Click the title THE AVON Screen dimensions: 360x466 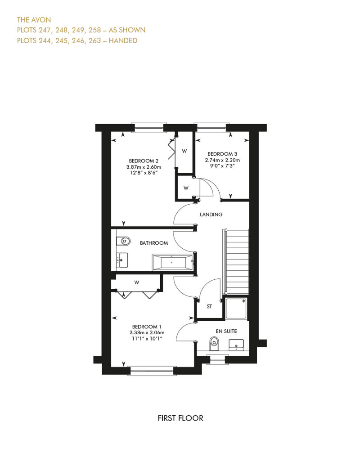coord(34,20)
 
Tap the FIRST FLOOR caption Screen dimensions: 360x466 coord(180,418)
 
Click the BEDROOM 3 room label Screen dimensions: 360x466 coord(222,154)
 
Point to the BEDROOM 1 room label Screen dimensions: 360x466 coord(147,327)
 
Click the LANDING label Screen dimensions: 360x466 coord(211,214)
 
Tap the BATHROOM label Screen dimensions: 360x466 coord(154,243)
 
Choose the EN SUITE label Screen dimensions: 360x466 coord(226,331)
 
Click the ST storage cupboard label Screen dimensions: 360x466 coord(209,306)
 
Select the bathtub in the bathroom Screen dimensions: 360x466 coord(173,262)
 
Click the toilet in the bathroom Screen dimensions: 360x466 coord(123,241)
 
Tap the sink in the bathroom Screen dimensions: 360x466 coord(122,260)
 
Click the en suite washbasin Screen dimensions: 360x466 coord(236,345)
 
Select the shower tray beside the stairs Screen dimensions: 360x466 coord(236,309)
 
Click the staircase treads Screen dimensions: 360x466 coord(238,261)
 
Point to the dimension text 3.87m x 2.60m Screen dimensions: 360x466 coord(144,167)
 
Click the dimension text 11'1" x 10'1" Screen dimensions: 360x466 coord(147,339)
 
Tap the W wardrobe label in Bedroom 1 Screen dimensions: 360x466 coord(137,282)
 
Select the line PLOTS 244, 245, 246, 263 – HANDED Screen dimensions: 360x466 coord(77,40)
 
